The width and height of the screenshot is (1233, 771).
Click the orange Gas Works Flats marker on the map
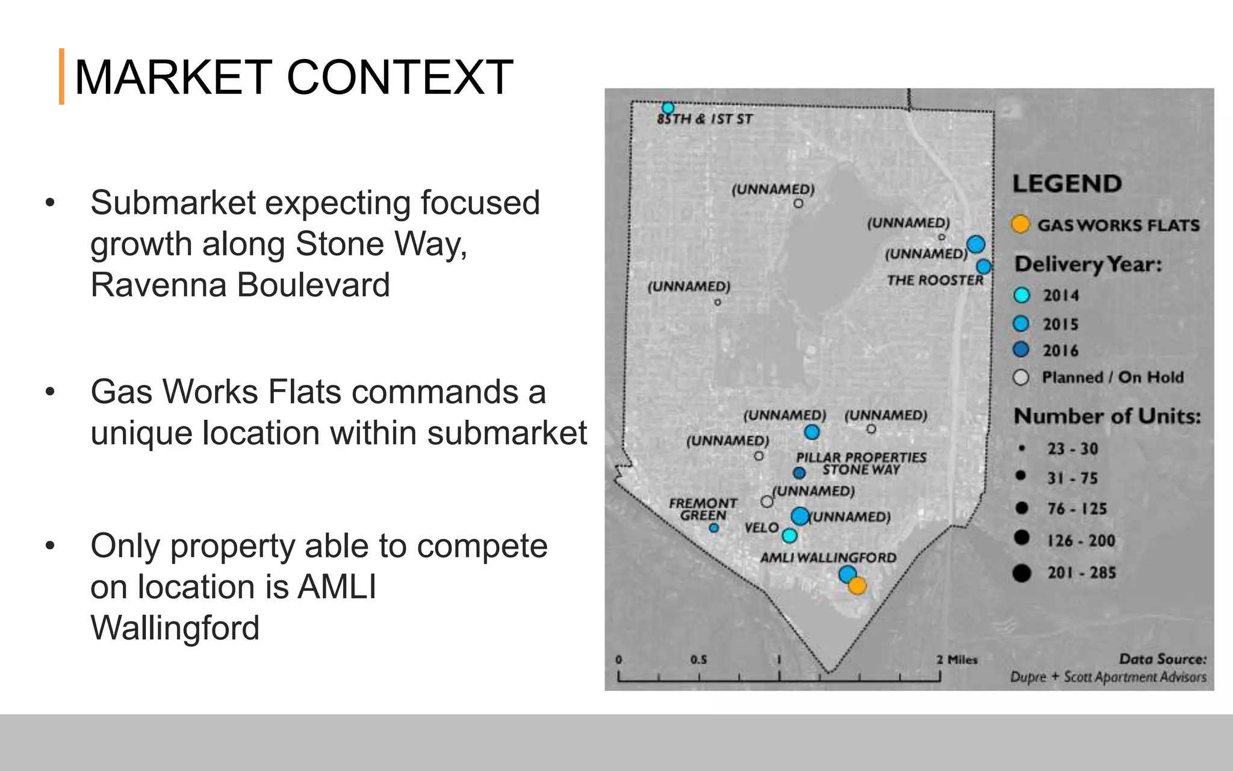857,585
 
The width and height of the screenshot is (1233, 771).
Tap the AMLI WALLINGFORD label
828,558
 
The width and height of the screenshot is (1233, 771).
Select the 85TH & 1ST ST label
704,119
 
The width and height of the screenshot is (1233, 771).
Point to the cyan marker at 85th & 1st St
668,108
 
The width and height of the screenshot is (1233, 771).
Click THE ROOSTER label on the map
934,280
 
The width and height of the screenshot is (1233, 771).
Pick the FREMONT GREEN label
703,509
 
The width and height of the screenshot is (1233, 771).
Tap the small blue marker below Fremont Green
713,528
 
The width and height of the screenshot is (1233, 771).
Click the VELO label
762,528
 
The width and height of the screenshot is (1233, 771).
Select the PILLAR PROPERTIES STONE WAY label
861,463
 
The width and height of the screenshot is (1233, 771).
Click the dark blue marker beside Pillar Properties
799,473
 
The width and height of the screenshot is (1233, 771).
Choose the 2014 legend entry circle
1022,295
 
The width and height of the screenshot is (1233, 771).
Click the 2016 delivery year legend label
1060,351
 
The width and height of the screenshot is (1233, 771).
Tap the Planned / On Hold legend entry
1112,378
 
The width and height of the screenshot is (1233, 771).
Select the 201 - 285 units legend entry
1081,572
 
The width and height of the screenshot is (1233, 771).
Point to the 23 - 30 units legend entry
1072,449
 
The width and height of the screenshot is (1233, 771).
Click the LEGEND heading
1067,184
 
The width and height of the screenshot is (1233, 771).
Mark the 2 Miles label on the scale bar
957,660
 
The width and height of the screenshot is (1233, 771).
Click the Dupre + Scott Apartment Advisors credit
1108,677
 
